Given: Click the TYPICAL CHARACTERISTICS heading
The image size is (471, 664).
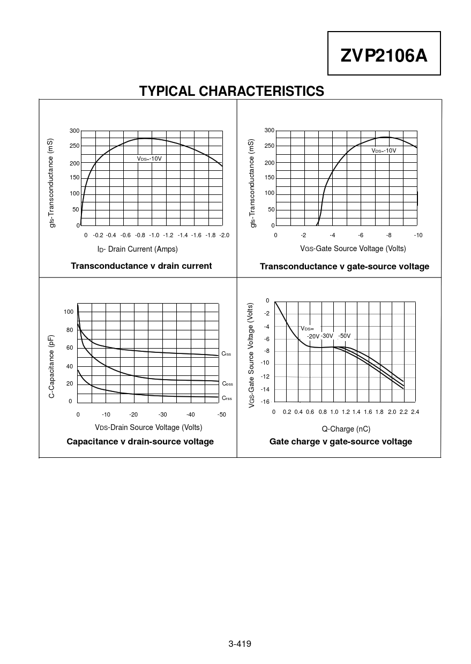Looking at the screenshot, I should click(x=231, y=92).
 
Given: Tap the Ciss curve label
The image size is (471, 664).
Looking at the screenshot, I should click(x=226, y=354).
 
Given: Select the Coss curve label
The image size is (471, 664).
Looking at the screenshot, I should click(x=227, y=384).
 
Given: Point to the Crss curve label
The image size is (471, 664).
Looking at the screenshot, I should click(x=227, y=398).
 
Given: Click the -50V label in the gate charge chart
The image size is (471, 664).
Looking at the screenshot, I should click(x=344, y=336).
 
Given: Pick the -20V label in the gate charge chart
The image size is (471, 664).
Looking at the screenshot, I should click(x=313, y=336).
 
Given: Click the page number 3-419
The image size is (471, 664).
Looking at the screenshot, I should click(x=240, y=644).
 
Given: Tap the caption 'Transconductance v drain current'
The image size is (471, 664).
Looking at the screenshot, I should click(x=141, y=266).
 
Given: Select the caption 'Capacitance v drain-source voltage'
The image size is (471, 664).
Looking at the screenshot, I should click(x=140, y=441).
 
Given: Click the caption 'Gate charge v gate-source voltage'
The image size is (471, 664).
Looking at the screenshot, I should click(x=341, y=441).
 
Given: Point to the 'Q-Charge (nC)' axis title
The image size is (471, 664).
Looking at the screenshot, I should click(x=346, y=429).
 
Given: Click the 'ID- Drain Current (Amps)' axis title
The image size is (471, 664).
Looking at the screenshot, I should click(x=137, y=249).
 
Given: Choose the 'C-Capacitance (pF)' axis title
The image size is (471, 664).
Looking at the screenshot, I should click(x=51, y=366).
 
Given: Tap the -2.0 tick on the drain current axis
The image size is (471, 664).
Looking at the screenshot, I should click(x=224, y=235).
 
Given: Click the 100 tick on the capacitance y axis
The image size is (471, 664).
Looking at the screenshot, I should click(x=68, y=312).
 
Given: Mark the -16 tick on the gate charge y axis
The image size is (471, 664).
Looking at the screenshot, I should click(x=265, y=401).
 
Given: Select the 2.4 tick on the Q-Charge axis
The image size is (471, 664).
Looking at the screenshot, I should click(x=415, y=412).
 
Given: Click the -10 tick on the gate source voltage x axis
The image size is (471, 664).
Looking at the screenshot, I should click(x=417, y=235).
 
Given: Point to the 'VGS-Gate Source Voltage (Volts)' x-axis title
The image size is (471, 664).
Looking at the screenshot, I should click(x=353, y=248).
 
